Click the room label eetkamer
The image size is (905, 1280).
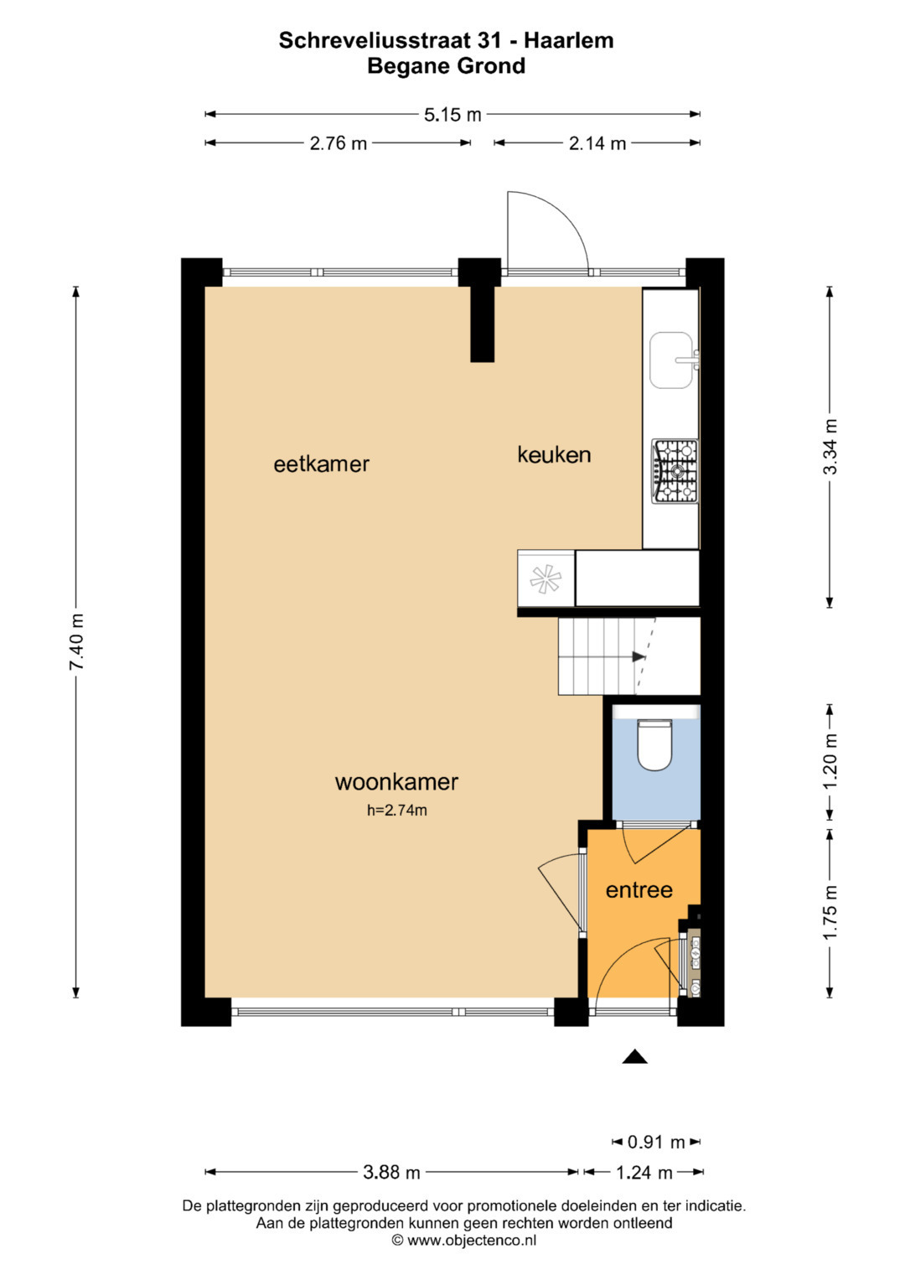coord(321,464)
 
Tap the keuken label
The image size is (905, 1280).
coord(554,455)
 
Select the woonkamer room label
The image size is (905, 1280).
coord(396,782)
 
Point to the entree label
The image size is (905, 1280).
coord(639,889)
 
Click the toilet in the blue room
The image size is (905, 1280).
coord(654,745)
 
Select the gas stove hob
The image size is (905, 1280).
coord(675,471)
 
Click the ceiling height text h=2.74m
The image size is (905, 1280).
coord(397,811)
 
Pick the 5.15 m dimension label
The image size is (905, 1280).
coord(452,115)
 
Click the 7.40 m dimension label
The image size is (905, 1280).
coord(76,642)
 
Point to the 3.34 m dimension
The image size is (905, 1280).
coord(830,446)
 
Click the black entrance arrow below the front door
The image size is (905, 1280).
coord(634,1057)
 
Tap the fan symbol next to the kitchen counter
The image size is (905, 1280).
coord(545,579)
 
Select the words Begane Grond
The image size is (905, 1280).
coord(446,66)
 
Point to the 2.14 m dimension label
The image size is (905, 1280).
coord(597,143)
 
